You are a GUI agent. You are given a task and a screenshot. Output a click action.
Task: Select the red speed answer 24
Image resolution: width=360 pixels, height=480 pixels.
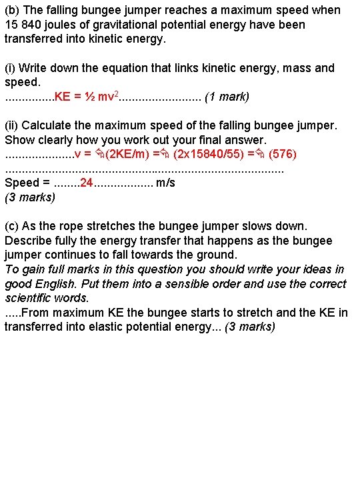click(x=86, y=183)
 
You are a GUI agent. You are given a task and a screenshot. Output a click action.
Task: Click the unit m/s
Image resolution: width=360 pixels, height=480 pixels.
click(x=165, y=183)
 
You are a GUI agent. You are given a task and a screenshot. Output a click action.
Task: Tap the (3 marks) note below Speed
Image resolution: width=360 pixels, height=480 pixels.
click(x=30, y=197)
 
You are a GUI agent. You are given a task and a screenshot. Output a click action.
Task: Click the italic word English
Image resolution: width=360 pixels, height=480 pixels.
click(x=56, y=284)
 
